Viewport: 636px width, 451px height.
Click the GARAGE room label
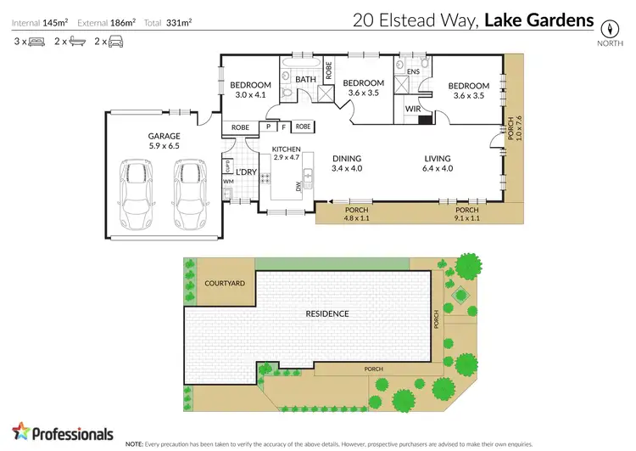(165, 136)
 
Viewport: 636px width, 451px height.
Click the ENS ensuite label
(414, 73)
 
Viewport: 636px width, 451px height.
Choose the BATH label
(306, 80)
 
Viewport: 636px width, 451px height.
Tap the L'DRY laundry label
(246, 172)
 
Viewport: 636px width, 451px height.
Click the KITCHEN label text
(286, 149)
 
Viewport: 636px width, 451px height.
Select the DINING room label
(347, 158)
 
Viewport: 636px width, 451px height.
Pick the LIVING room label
(438, 158)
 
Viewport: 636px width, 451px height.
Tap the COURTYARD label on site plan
(224, 285)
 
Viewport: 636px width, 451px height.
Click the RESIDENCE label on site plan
(327, 313)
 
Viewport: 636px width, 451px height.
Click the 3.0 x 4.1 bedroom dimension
(251, 95)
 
